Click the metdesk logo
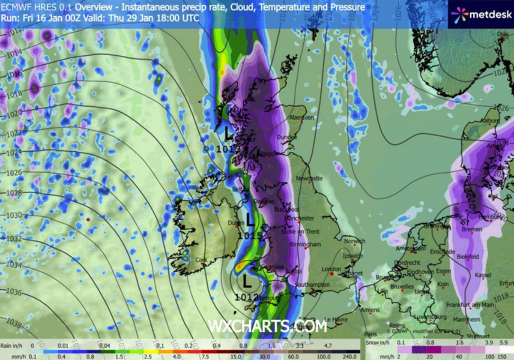[x=481, y=14]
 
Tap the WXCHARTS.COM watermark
[x=267, y=326]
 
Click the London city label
[x=330, y=269]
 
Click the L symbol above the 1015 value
[x=249, y=221]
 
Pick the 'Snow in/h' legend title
[x=378, y=343]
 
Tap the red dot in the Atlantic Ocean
[x=88, y=219]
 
